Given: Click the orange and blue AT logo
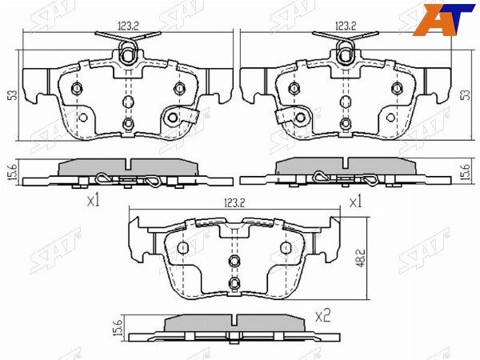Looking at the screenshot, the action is click(444, 19).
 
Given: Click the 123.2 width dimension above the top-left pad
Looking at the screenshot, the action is click(128, 26).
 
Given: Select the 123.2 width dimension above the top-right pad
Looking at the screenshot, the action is click(346, 26).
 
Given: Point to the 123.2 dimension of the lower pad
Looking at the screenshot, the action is click(235, 202).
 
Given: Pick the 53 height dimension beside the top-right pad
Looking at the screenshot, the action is click(466, 94).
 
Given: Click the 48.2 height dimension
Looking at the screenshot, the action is click(361, 258).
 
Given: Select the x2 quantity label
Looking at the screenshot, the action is click(322, 316).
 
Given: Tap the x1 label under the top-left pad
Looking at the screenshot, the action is click(94, 201).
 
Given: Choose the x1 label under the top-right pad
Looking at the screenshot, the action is click(355, 202).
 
